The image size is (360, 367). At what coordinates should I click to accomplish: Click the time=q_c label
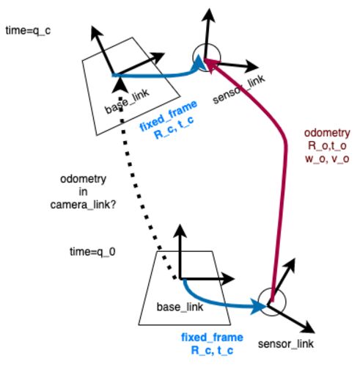28,31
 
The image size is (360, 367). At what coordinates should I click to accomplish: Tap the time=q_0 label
92,252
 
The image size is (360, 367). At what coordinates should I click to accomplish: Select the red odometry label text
327,133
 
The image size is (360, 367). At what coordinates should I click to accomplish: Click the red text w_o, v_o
327,159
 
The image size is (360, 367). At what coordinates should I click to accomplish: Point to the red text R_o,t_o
327,145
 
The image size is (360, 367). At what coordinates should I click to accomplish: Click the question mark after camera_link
113,204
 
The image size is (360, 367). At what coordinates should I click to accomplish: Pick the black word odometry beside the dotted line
83,179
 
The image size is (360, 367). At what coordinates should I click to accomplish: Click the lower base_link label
180,307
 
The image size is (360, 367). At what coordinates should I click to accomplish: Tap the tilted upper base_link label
127,101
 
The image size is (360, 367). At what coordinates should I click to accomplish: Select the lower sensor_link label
286,344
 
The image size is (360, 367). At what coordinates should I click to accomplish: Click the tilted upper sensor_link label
239,89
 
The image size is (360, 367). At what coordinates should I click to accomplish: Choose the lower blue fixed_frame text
212,338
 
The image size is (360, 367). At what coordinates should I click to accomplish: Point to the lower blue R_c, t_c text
212,350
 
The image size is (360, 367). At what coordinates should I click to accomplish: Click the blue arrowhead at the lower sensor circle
259,305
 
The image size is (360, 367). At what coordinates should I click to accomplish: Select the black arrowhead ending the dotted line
120,87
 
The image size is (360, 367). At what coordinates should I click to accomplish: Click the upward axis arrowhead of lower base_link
180,230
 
